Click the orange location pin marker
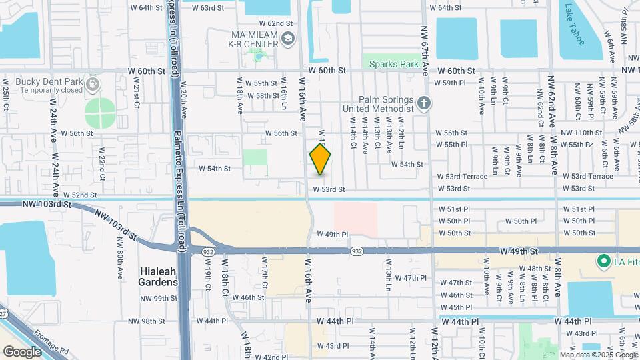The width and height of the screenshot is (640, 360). (320, 159)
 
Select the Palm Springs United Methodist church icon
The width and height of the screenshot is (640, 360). (425, 103)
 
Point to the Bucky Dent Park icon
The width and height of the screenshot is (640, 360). (93, 85)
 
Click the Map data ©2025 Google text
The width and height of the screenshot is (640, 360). (598, 355)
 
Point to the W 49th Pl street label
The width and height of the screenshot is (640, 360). (333, 234)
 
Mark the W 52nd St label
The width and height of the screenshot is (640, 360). (80, 195)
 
